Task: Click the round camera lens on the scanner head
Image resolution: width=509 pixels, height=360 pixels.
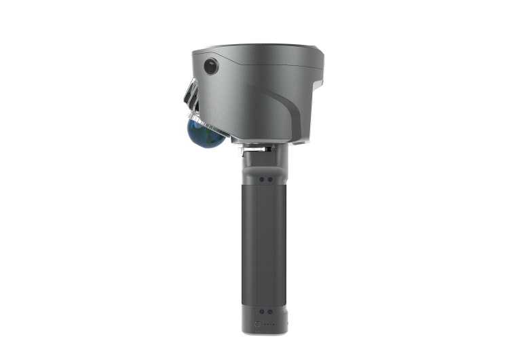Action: (210, 66)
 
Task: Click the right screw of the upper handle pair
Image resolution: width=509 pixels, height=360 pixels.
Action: (271, 179)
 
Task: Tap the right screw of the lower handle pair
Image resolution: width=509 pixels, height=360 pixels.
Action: (271, 311)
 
